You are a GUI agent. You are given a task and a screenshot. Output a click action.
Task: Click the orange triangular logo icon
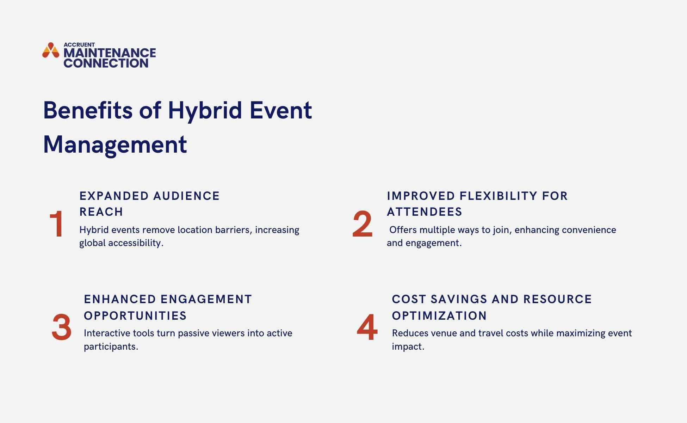51,50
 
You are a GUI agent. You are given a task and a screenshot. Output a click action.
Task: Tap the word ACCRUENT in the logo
79,45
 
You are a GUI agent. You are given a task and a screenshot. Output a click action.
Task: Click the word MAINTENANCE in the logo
110,53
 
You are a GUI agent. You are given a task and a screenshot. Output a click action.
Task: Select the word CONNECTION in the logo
106,63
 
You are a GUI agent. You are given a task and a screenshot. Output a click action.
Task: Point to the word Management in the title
115,145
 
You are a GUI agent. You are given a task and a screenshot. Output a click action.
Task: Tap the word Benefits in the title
88,110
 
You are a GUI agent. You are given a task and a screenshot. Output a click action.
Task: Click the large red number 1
56,224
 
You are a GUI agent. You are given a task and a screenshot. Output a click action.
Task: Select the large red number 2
362,224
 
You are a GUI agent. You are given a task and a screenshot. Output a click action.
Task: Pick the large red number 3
61,327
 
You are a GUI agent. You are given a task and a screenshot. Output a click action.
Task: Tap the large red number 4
367,327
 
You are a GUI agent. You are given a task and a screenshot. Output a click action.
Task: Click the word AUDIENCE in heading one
186,196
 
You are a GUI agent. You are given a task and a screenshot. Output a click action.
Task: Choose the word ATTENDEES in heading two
425,212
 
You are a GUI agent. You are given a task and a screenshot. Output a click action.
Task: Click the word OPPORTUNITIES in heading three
135,316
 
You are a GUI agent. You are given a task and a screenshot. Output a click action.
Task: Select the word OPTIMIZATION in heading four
439,316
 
